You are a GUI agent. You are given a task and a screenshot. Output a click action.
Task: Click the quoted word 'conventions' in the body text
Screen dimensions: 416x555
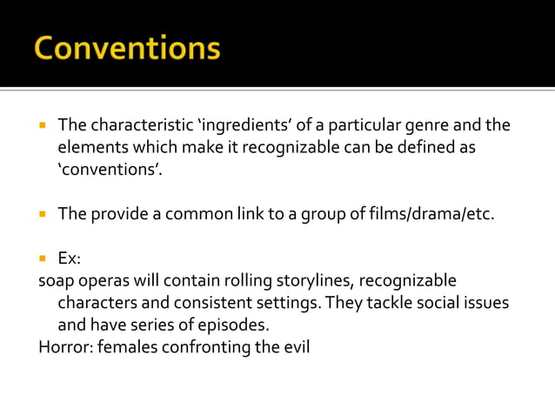[x=110, y=170]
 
